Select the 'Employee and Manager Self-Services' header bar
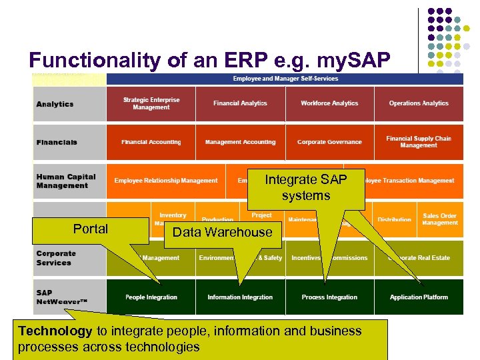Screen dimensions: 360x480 (285, 79)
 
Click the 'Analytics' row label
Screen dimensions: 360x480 (55, 104)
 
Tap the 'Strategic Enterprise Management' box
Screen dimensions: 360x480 (151, 104)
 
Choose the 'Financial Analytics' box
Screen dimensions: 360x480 (240, 103)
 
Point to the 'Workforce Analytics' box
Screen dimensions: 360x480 (329, 103)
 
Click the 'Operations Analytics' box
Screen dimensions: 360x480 (419, 103)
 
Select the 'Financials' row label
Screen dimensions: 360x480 (57, 142)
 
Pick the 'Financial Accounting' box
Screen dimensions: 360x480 (151, 142)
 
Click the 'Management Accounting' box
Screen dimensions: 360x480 (240, 142)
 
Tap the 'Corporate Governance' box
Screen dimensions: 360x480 (329, 142)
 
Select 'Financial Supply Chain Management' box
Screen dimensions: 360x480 (419, 142)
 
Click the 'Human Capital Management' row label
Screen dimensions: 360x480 (66, 181)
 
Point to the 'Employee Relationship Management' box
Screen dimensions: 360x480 (166, 181)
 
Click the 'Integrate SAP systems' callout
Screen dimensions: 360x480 (306, 188)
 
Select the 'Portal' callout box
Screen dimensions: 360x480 (91, 229)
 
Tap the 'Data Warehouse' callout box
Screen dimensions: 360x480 (222, 233)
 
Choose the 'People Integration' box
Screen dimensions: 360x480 (151, 297)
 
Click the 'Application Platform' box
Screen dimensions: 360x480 (419, 297)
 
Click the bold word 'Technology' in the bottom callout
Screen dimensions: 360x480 (55, 331)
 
